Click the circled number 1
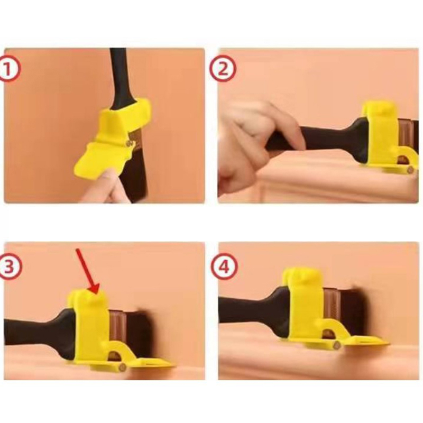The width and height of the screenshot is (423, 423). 9,69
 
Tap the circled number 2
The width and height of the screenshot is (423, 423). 223,69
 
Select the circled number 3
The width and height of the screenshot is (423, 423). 10,267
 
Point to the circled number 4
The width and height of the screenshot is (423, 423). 224,267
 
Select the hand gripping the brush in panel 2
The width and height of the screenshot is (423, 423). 254,143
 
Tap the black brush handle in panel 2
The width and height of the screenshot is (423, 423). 318,140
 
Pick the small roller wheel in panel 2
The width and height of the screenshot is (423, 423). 410,170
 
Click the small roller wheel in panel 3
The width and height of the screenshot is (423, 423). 123,367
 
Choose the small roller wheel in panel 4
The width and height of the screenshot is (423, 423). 337,345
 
